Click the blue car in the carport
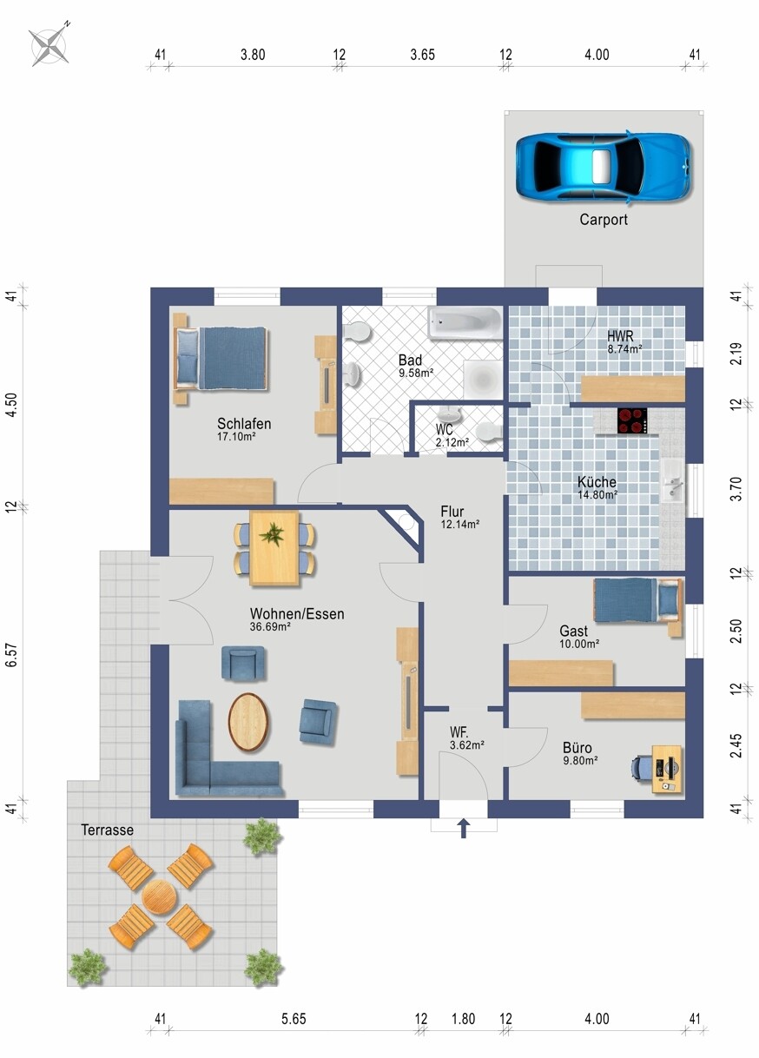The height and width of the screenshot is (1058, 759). [x=603, y=167]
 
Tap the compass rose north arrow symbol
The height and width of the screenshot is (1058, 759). [x=49, y=45]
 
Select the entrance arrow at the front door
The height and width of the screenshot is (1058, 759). [x=464, y=828]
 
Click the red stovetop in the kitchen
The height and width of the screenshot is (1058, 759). [x=632, y=420]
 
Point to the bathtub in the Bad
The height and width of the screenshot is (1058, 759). [x=465, y=323]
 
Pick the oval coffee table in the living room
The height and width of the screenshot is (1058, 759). [x=248, y=722]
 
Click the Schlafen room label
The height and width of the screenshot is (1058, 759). [x=244, y=423]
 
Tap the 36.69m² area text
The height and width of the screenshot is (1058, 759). [x=270, y=627]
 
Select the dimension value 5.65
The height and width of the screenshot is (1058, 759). [x=294, y=1019]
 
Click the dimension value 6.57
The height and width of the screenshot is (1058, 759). [x=11, y=655]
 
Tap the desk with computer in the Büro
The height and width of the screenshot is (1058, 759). [x=666, y=769]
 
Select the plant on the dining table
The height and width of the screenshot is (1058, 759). [x=272, y=535]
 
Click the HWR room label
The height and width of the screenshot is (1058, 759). [x=620, y=336]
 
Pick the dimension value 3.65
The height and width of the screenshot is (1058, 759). [x=422, y=55]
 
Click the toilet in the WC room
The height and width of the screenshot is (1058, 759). [x=488, y=432]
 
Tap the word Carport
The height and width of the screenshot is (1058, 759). [x=604, y=220]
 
